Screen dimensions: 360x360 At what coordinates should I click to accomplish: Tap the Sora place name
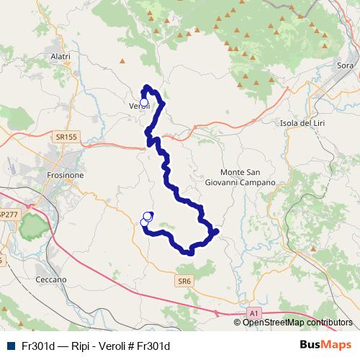(x=345, y=66)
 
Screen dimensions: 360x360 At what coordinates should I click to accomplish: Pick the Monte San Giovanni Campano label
(x=248, y=178)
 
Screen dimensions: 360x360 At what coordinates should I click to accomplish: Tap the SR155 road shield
(x=66, y=135)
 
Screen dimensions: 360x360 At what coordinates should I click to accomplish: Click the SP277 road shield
(x=9, y=215)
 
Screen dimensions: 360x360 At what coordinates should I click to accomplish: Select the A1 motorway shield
(x=253, y=313)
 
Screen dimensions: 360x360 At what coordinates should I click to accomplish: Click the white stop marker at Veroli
(x=143, y=102)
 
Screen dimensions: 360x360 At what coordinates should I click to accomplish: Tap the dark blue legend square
(x=9, y=346)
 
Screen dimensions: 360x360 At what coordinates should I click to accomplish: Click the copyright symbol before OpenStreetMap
(x=238, y=323)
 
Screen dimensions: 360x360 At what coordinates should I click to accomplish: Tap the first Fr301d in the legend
(x=38, y=346)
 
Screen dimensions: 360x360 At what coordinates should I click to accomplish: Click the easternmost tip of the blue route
(x=215, y=231)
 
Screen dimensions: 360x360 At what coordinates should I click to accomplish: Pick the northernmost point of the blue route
(x=147, y=88)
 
